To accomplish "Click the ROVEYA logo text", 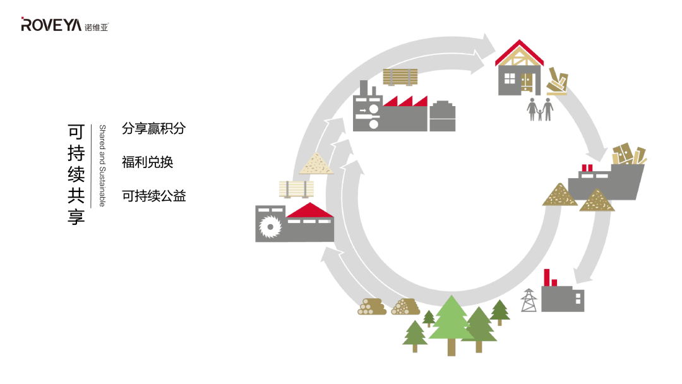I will tap(52, 25).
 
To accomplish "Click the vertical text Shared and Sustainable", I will tap(102, 165).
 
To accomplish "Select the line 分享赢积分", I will tap(153, 129).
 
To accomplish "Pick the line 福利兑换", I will tap(147, 162).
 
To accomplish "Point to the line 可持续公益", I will tap(153, 196).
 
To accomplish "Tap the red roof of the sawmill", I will tap(309, 210).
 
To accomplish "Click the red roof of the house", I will tap(519, 52).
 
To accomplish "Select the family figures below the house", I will tap(540, 109).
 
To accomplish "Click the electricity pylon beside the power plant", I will tap(529, 300).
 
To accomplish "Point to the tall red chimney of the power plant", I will tap(546, 277).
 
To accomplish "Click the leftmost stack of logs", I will tap(372, 307).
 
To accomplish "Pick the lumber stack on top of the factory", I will tap(400, 77).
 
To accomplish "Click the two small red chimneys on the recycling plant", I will tap(587, 169).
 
